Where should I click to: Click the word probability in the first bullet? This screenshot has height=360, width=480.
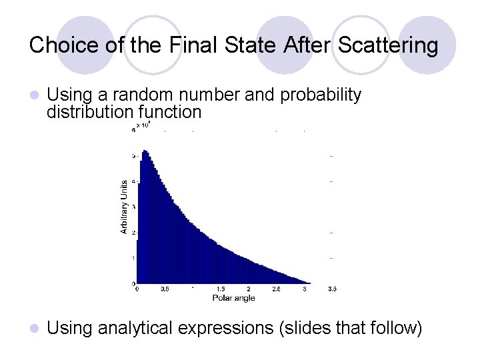321,95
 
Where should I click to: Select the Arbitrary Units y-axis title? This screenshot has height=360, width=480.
124,207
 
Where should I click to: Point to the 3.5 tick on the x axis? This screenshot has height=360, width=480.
333,289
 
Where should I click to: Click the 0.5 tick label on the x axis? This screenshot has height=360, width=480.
164,289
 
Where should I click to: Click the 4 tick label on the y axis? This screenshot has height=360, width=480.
133,181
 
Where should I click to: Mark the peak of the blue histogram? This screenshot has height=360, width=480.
145,151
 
